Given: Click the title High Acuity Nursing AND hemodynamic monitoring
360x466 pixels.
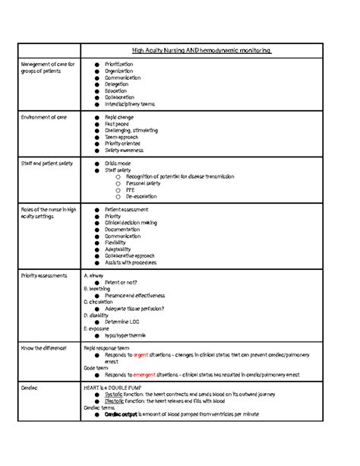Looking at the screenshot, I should tap(201, 50).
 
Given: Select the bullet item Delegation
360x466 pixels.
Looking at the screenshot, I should tap(116, 84).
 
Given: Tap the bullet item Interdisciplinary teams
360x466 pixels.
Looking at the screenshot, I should tap(130, 104).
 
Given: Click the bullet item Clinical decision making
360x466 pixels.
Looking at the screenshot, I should tap(131, 223).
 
